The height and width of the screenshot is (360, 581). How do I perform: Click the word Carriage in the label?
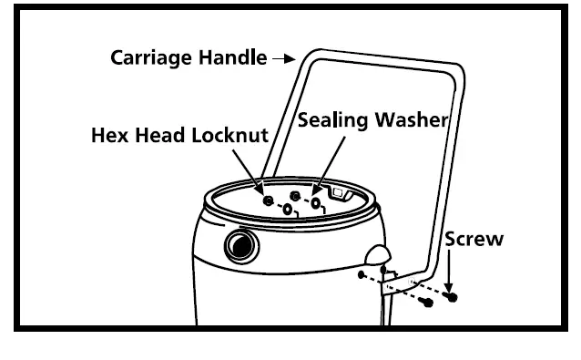pyautogui.click(x=150, y=57)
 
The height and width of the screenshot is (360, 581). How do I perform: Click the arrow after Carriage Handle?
pyautogui.click(x=285, y=57)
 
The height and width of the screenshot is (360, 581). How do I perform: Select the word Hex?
pyautogui.click(x=110, y=136)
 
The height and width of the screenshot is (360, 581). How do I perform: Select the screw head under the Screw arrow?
pyautogui.click(x=453, y=298)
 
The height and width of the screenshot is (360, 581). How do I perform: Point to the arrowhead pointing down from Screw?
pyautogui.click(x=453, y=284)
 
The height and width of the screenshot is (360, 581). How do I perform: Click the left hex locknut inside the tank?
pyautogui.click(x=267, y=200)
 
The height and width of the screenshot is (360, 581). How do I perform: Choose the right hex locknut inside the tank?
pyautogui.click(x=294, y=196)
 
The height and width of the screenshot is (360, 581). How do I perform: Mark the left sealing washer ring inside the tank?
pyautogui.click(x=288, y=210)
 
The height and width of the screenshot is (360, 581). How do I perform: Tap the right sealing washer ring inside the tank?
pyautogui.click(x=316, y=204)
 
